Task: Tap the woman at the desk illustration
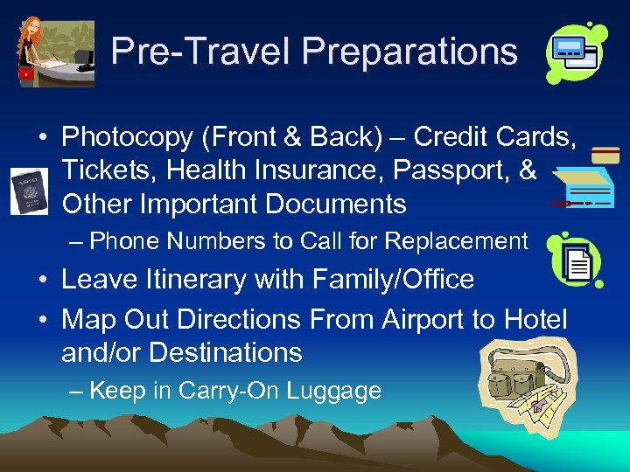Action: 54,52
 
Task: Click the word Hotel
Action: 535,319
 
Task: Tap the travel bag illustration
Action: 528,380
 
